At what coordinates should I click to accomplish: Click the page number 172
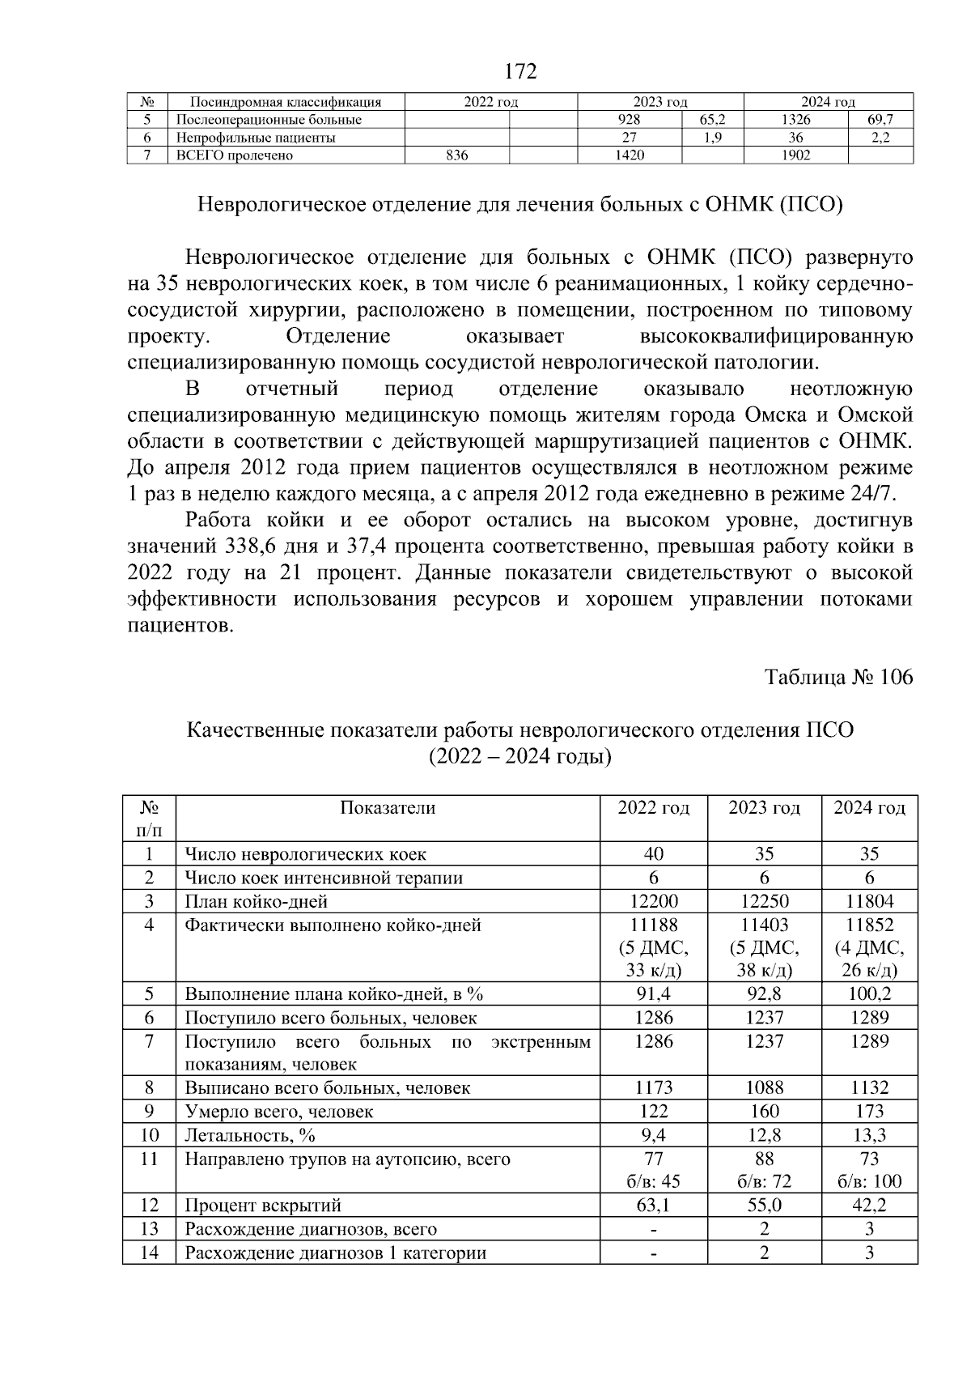[x=520, y=72]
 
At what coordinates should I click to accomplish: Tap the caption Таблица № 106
[x=838, y=677]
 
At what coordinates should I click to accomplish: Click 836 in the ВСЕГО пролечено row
[x=457, y=155]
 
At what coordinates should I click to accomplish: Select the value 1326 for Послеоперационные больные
[x=795, y=120]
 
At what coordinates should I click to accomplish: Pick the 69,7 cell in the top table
[x=880, y=120]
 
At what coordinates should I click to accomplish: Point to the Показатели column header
[x=388, y=808]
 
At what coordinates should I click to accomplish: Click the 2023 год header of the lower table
[x=764, y=808]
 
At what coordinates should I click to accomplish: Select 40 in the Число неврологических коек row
[x=653, y=854]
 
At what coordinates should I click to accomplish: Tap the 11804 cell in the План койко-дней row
[x=870, y=901]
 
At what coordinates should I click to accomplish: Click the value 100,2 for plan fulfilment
[x=870, y=994]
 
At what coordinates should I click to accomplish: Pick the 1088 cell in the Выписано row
[x=764, y=1088]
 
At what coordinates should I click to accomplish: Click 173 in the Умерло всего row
[x=870, y=1112]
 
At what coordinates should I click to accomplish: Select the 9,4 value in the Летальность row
[x=653, y=1135]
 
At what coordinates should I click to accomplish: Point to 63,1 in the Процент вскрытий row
[x=653, y=1206]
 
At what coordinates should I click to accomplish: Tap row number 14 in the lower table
[x=149, y=1253]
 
